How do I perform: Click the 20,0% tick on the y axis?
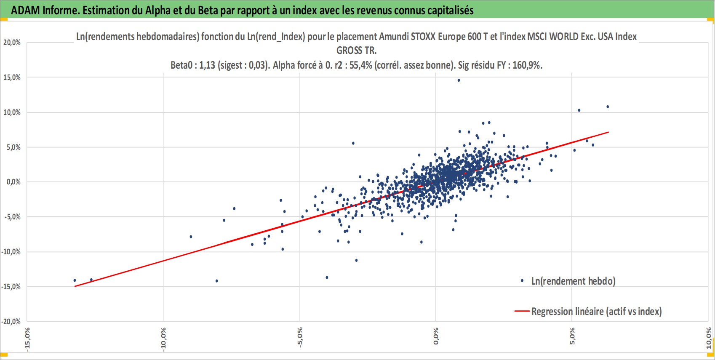12,43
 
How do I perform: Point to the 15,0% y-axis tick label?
12,77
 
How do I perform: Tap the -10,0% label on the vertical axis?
11,252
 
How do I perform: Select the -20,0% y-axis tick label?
11,321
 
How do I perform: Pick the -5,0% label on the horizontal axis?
299,337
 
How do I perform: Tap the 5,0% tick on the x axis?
572,336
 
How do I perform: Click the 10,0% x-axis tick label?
709,338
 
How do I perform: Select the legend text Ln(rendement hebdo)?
573,281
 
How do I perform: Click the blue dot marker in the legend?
522,281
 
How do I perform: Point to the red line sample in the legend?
522,311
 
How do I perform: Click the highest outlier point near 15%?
459,80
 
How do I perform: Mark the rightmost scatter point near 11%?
608,107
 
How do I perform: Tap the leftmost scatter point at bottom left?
75,280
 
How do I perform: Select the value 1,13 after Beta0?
207,65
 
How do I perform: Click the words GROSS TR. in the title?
357,51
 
